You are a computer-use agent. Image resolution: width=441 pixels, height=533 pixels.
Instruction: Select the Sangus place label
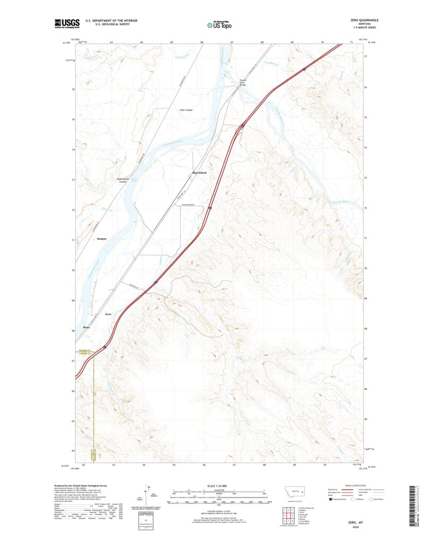(102, 239)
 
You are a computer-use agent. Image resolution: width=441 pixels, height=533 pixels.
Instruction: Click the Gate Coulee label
(185, 110)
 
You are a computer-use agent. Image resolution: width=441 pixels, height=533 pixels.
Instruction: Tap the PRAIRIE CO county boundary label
(85, 350)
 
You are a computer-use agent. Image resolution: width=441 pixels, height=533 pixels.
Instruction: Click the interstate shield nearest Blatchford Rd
(210, 208)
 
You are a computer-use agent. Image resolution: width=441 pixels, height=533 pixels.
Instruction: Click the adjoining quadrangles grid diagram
(286, 515)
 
